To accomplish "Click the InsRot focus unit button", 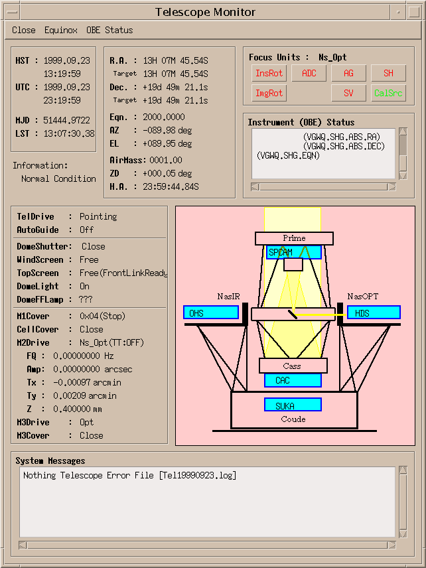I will (269, 74).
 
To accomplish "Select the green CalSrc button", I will (388, 94).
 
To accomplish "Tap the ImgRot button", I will (269, 94).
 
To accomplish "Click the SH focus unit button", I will (388, 74).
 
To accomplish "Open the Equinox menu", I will (61, 30).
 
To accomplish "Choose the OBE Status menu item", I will (109, 30).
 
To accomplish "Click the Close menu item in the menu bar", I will (24, 30).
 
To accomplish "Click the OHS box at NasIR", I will (210, 313).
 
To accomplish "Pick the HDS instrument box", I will (374, 313).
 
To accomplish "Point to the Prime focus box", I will (294, 238).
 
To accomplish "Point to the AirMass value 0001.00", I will (165, 160).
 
